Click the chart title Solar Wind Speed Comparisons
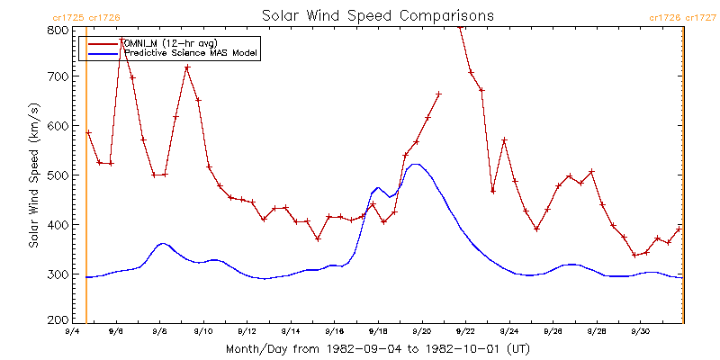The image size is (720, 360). [x=378, y=15]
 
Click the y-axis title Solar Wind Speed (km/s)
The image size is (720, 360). [x=33, y=175]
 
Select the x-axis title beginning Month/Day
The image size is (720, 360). [x=378, y=349]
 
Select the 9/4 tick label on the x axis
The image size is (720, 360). [x=73, y=331]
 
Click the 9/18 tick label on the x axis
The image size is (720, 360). [x=378, y=331]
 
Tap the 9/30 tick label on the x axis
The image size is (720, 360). [x=640, y=331]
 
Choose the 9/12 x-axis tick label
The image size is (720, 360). [x=247, y=331]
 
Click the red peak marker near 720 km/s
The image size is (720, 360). [x=187, y=67]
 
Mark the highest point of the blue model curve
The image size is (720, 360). [x=416, y=164]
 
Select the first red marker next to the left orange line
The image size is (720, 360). [x=88, y=132]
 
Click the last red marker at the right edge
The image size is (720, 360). [x=679, y=229]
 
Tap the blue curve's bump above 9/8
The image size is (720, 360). [x=163, y=243]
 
